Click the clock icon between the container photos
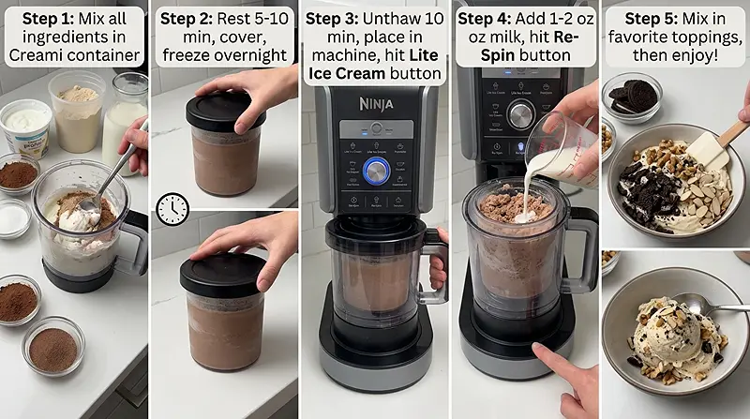pos(172,209)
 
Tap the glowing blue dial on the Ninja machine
pos(376,170)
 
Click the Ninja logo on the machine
pos(375,103)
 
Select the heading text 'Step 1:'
pos(43,19)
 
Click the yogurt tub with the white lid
pos(25,126)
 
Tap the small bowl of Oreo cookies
pos(631,97)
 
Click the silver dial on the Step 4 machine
pos(520,113)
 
